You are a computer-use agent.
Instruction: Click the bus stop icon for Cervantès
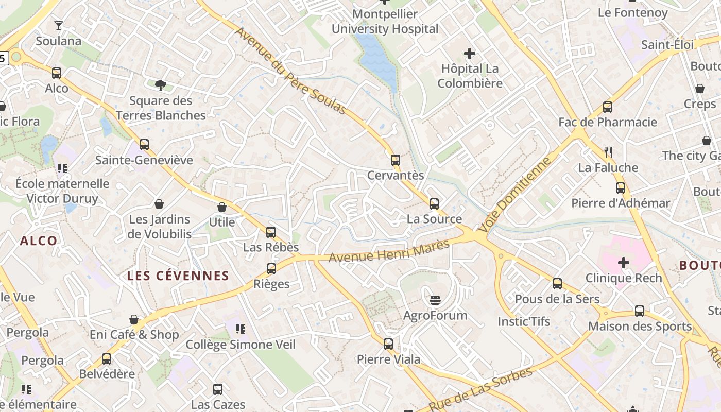click(396, 160)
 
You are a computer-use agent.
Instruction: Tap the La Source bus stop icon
click(434, 204)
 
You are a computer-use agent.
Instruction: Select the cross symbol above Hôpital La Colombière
click(469, 54)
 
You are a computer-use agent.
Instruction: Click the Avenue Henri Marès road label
click(389, 251)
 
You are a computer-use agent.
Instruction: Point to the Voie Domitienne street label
click(514, 195)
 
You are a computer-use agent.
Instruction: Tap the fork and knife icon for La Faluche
click(608, 152)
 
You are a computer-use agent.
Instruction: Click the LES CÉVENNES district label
click(178, 276)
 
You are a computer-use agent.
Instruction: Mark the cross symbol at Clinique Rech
click(624, 263)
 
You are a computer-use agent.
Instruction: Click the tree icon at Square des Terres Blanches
click(161, 85)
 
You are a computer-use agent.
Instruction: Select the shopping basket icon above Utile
click(222, 207)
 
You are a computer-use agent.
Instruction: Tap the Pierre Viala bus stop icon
click(388, 344)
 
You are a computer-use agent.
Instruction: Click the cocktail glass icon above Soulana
click(59, 26)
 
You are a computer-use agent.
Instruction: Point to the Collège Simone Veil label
click(241, 344)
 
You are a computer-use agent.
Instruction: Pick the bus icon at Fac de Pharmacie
click(608, 107)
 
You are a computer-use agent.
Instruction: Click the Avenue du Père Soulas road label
click(290, 70)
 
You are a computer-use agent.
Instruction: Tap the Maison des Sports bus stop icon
click(640, 311)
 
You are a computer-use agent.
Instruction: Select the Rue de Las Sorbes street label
click(480, 389)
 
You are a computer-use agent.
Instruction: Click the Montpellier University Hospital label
click(385, 22)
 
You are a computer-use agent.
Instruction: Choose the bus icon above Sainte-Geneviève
click(144, 145)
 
